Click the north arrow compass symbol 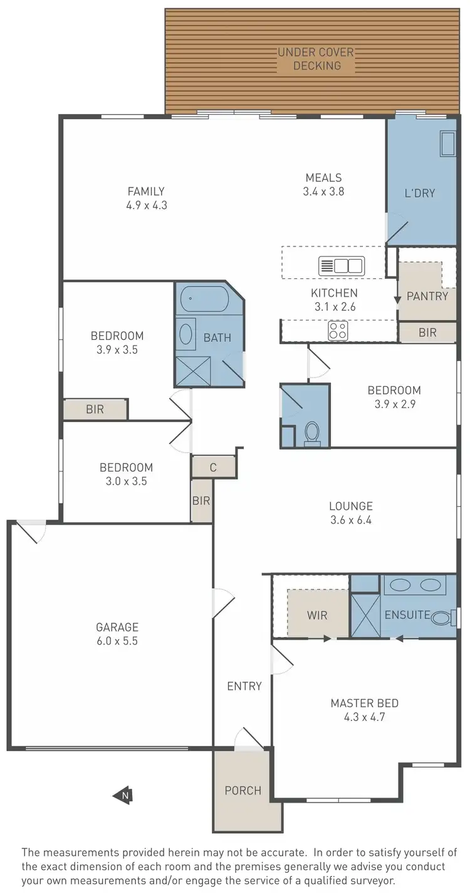[x=122, y=796]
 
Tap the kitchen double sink [x=342, y=266]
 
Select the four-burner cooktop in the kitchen [x=338, y=330]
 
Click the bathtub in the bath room [x=205, y=299]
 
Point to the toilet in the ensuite [x=443, y=618]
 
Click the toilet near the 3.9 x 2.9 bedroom [x=311, y=432]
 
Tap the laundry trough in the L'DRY [x=448, y=144]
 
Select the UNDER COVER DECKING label [x=316, y=59]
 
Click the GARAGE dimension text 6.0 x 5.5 [x=117, y=641]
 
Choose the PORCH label [x=243, y=790]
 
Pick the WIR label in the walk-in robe [x=317, y=615]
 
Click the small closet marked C [x=213, y=467]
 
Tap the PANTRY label [x=427, y=296]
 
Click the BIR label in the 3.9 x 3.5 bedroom [x=95, y=409]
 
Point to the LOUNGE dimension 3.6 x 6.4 [x=351, y=520]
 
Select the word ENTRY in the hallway [x=244, y=686]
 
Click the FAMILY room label [x=146, y=191]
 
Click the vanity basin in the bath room [x=186, y=334]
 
